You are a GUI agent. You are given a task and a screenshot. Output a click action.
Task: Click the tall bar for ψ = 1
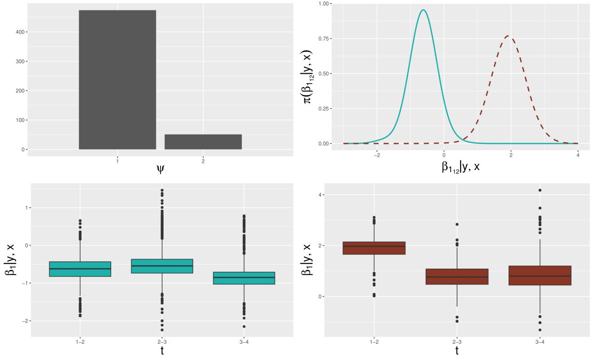117,80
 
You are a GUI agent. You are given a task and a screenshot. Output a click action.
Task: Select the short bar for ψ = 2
203,142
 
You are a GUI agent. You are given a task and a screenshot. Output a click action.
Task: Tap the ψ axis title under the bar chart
160,169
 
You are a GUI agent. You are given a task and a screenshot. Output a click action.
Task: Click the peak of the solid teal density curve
423,10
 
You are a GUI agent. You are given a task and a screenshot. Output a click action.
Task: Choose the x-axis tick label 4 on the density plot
578,155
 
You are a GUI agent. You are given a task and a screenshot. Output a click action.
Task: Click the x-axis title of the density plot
460,167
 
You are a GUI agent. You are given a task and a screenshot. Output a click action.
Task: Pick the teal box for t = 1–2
80,269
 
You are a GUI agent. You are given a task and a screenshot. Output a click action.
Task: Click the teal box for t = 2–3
162,266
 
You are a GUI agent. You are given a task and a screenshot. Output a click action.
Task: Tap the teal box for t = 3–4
244,278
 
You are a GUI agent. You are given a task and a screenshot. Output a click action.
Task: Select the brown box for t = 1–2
374,248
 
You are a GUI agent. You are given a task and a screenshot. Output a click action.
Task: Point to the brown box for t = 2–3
457,276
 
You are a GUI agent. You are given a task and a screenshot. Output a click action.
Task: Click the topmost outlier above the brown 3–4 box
540,190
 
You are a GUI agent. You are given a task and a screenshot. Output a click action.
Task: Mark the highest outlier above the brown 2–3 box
457,224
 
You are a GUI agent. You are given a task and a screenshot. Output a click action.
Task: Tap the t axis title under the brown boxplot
457,350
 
